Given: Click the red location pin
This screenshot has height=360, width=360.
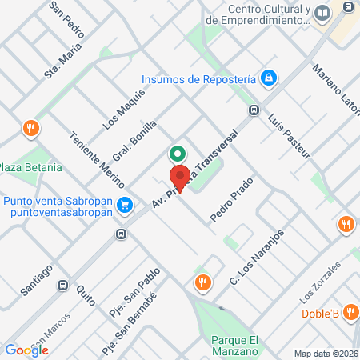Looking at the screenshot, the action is point(180,178).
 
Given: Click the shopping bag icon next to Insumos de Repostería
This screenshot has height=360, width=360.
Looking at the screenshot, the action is point(270,78).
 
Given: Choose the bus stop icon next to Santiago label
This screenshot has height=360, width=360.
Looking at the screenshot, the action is point(62,284).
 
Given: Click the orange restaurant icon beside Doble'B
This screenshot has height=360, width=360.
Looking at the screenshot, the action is point(349,314).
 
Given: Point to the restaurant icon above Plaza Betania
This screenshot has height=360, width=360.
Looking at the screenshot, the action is point(30,127).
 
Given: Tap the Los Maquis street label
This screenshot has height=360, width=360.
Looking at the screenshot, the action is point(124,110).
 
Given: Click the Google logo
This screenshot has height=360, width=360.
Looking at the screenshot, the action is point(26,350).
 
